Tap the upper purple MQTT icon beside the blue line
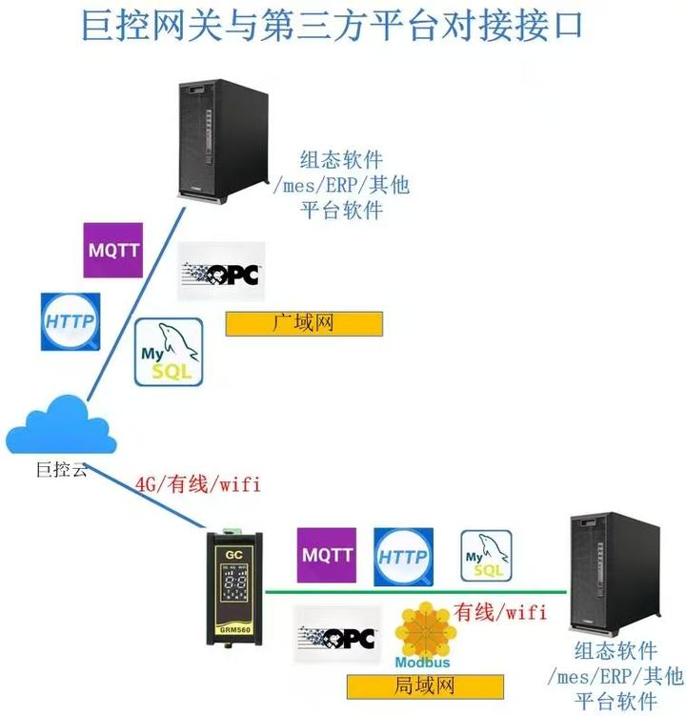coord(113,250)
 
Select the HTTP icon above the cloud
coord(69,322)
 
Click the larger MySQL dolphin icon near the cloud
coord(169,352)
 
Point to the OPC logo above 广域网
coord(222,273)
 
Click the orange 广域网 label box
coord(304,323)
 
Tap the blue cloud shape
coord(60,426)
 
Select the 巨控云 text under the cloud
coord(61,468)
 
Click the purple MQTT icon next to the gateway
coord(327,555)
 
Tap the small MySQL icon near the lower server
coord(486,556)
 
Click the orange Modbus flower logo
coord(420,630)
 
